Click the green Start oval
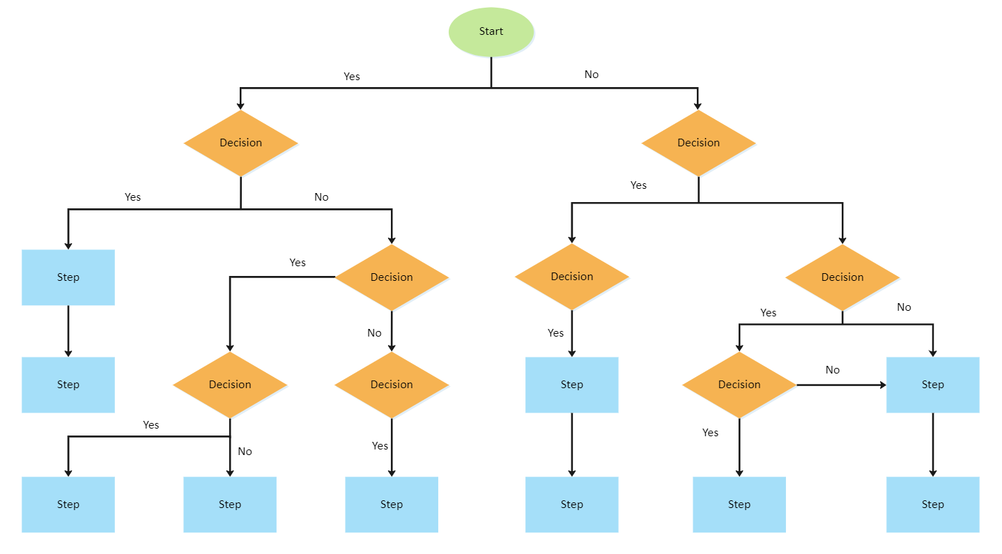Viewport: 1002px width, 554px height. tap(491, 31)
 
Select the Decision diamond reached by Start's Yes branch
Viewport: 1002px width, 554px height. tap(240, 143)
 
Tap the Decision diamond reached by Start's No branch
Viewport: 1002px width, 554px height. tap(698, 143)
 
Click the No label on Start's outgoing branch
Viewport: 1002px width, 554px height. tap(591, 75)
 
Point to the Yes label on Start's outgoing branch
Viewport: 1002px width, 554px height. tap(352, 77)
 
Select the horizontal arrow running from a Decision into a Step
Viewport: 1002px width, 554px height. tap(840, 385)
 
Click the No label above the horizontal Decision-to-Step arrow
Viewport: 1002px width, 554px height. tap(832, 370)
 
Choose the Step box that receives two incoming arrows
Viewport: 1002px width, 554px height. tap(932, 385)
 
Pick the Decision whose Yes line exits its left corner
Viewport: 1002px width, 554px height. tap(392, 277)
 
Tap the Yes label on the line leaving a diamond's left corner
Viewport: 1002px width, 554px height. tap(298, 263)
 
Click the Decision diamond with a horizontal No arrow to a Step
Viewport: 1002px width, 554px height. tap(739, 385)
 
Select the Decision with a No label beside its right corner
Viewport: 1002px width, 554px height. tap(842, 277)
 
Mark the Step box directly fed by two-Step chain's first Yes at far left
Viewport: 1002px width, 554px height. tap(68, 277)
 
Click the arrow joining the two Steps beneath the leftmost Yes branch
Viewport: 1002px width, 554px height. tap(68, 331)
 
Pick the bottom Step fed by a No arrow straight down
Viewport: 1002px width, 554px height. tap(230, 505)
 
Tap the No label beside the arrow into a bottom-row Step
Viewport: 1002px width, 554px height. tap(245, 452)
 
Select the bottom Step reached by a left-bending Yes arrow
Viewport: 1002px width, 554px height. tap(68, 505)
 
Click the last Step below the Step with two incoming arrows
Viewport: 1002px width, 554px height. tap(932, 505)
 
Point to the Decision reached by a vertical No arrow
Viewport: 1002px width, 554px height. tap(392, 385)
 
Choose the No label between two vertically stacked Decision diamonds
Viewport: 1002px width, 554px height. tap(374, 333)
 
